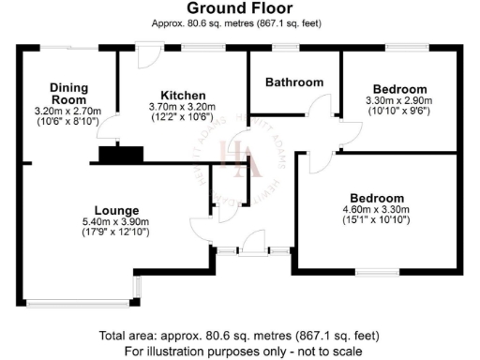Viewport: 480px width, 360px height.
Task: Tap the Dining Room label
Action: pyautogui.click(x=67, y=94)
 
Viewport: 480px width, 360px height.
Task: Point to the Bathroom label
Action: pyautogui.click(x=293, y=82)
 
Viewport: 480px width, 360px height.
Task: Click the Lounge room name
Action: pyautogui.click(x=117, y=209)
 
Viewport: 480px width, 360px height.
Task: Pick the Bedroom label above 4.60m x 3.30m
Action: pyautogui.click(x=378, y=198)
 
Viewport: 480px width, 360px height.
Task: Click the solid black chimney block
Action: pyautogui.click(x=119, y=155)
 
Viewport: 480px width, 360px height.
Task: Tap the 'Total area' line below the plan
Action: pyautogui.click(x=240, y=336)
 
